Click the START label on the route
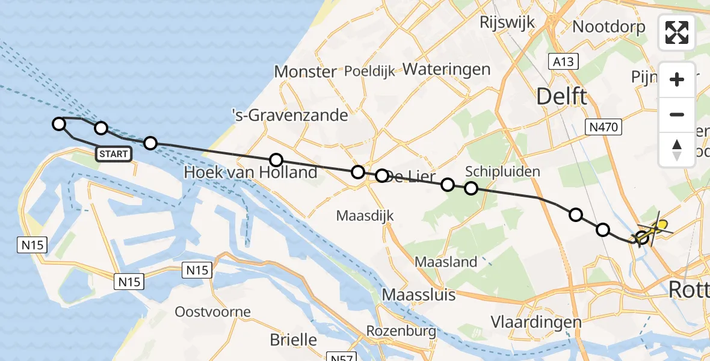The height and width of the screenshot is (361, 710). coord(114,154)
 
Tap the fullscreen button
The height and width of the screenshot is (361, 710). coord(677,32)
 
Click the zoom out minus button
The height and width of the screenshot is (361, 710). coord(677,114)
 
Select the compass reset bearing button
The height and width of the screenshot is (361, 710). coord(677,149)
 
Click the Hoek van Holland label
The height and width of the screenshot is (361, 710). coord(250,172)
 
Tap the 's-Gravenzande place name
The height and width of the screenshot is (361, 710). coord(290,114)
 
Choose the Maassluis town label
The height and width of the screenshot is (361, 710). coord(419,295)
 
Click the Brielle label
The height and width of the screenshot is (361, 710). coord(293,339)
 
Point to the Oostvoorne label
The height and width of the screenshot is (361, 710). coord(212,312)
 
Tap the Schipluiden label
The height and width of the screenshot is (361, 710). coord(503,171)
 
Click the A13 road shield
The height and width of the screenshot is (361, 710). coord(563,61)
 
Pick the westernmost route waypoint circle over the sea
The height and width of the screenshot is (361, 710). coord(58,124)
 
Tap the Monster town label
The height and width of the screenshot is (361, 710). coord(305,72)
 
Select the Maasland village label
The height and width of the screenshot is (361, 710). coord(446,262)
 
